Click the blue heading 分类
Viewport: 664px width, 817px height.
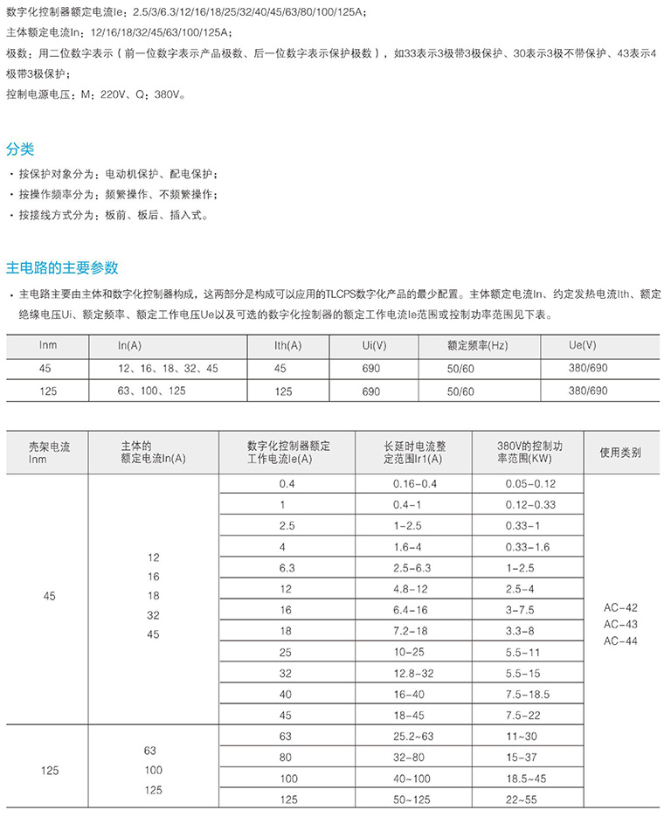pyautogui.click(x=20, y=149)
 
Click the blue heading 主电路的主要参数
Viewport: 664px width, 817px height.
pyautogui.click(x=62, y=267)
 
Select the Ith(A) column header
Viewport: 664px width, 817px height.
pyautogui.click(x=287, y=346)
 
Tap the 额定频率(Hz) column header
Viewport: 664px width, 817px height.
pyautogui.click(x=476, y=346)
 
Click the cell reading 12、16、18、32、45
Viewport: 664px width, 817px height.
pyautogui.click(x=168, y=368)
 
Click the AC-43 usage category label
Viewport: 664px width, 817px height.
pyautogui.click(x=620, y=624)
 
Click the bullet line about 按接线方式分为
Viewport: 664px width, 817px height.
pyautogui.click(x=114, y=215)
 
